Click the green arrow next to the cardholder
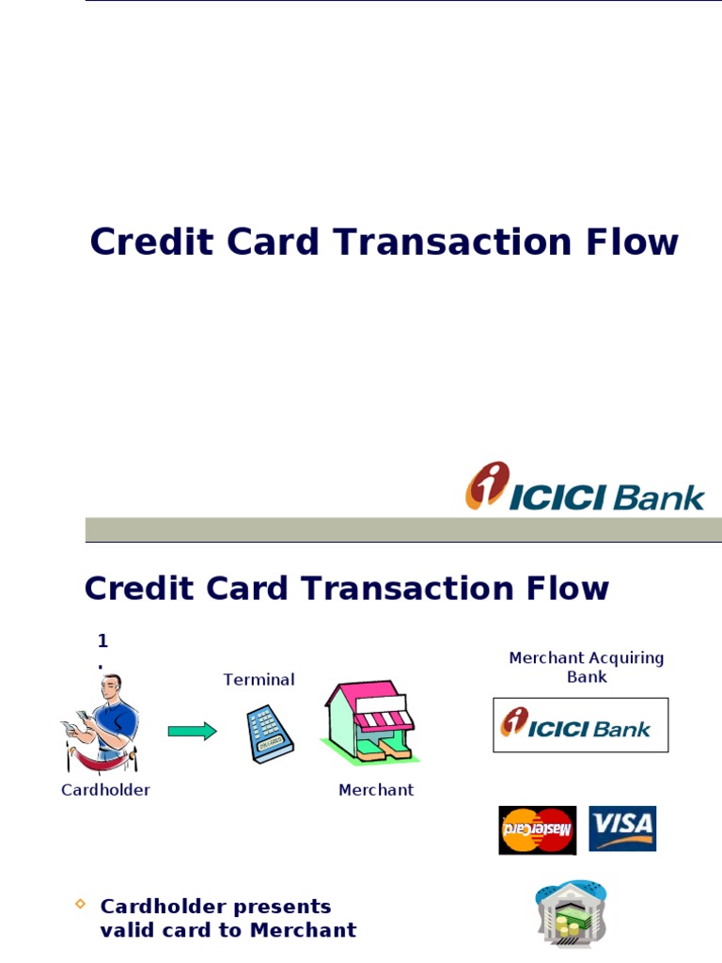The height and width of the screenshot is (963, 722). click(x=193, y=731)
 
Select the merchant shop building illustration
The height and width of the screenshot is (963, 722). click(x=369, y=720)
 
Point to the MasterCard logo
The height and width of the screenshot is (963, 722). click(x=537, y=829)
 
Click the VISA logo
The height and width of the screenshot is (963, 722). click(x=622, y=828)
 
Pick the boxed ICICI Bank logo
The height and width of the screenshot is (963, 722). click(x=580, y=725)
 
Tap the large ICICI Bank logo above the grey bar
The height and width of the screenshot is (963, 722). click(x=585, y=487)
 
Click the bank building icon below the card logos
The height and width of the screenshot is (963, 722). click(x=571, y=913)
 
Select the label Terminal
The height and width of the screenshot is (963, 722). click(x=259, y=679)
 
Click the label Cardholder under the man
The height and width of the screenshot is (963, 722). click(x=105, y=790)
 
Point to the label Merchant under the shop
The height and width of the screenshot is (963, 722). click(x=376, y=790)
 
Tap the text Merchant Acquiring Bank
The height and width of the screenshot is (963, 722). click(x=587, y=667)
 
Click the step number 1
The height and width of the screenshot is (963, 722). click(x=102, y=641)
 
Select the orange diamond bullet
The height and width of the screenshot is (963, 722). click(x=80, y=905)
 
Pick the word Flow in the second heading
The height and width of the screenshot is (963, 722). click(x=568, y=589)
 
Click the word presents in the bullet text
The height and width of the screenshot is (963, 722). click(x=282, y=907)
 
